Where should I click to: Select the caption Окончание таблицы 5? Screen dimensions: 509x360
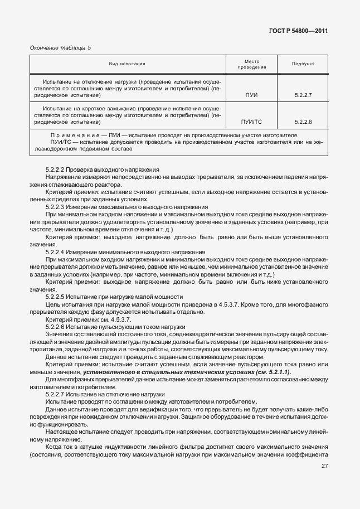pos(60,47)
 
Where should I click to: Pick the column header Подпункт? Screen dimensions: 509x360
pos(303,64)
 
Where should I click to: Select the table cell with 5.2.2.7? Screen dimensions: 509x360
pos(303,95)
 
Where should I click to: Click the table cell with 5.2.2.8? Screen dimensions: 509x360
pos(303,121)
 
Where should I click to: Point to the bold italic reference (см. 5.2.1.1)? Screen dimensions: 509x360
pos(273,372)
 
